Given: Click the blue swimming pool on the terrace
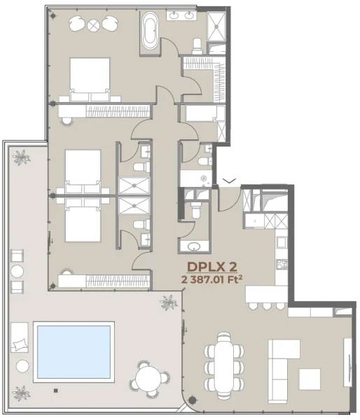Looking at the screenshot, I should tap(74, 351).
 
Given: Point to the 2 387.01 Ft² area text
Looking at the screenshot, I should tap(215, 279).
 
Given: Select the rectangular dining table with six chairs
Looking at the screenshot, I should tap(225, 358).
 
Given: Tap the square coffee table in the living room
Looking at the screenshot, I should tap(310, 379).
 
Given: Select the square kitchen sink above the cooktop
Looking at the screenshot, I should tap(282, 243).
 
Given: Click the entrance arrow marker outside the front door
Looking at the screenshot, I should tap(228, 181).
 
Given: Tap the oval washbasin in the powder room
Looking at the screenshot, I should tap(194, 246).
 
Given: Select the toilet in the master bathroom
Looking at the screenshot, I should tap(197, 45).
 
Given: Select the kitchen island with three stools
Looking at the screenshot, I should tap(266, 297).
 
